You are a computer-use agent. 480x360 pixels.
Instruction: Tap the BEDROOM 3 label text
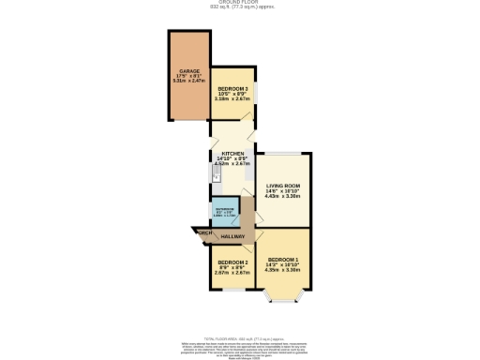232,88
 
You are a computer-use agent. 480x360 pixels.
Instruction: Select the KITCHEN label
232,154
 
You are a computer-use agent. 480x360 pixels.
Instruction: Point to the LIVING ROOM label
281,187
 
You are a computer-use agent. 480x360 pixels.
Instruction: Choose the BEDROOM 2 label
232,262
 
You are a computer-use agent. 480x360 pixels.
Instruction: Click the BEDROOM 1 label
282,259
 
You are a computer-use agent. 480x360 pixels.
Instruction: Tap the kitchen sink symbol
215,172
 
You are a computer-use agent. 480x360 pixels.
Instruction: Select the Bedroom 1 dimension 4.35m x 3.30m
282,270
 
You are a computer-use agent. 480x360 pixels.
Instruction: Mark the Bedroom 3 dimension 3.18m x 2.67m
232,98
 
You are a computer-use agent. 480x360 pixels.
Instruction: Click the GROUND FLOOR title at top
240,3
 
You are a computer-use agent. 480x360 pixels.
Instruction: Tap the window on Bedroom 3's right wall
256,94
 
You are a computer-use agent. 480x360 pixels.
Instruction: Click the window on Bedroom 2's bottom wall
232,290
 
